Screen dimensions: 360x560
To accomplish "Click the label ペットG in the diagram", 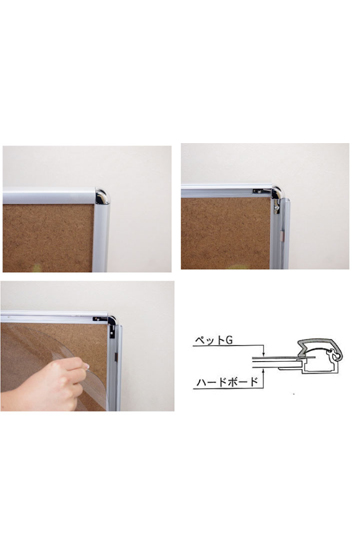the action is click(x=214, y=340).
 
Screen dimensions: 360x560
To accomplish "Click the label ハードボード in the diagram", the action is click(x=227, y=382).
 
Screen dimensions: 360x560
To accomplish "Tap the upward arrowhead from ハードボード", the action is click(x=263, y=372).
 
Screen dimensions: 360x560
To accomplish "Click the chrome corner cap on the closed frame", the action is click(x=101, y=197).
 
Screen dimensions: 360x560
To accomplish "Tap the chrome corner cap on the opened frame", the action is click(x=277, y=193).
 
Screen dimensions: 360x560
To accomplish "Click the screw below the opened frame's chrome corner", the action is click(x=276, y=205).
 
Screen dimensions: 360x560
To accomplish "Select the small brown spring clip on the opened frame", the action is click(x=282, y=234).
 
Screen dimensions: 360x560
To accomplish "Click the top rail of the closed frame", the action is click(x=49, y=196).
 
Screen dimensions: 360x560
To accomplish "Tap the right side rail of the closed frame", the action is click(x=101, y=237).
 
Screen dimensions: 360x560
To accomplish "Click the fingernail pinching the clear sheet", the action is click(x=86, y=365).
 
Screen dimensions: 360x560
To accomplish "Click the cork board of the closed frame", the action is click(x=48, y=238).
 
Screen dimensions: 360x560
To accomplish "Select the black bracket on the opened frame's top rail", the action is click(x=260, y=191).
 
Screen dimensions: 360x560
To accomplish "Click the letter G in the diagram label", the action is click(x=229, y=340).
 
